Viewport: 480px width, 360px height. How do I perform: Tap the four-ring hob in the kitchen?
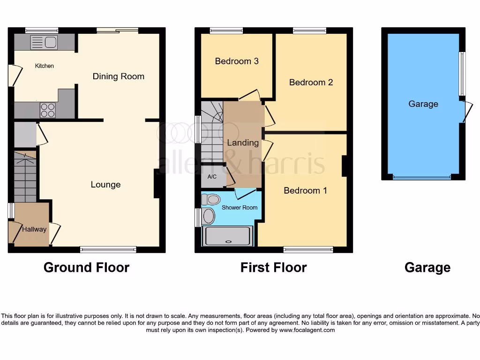(x=47, y=110)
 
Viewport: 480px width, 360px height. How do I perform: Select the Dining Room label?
(x=118, y=76)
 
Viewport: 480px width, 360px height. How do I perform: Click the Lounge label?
(x=105, y=185)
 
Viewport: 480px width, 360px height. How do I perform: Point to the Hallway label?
(x=34, y=229)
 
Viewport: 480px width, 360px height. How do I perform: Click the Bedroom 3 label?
(x=237, y=61)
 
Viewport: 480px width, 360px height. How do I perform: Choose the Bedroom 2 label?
(x=311, y=82)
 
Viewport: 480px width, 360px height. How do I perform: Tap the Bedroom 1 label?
(x=305, y=191)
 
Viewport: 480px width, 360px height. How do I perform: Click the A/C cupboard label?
(x=212, y=177)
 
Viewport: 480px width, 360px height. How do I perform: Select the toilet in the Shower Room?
(x=211, y=199)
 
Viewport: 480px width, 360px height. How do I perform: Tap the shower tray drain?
(x=229, y=242)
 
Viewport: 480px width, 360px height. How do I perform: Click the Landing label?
(x=243, y=143)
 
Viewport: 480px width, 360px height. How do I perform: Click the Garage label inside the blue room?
(x=423, y=104)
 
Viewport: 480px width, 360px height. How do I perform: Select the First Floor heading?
(x=273, y=268)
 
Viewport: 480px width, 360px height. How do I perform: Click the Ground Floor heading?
(x=86, y=268)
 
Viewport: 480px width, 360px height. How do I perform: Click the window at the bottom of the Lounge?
(x=108, y=249)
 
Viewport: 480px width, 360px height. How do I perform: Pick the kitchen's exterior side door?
(x=14, y=75)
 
